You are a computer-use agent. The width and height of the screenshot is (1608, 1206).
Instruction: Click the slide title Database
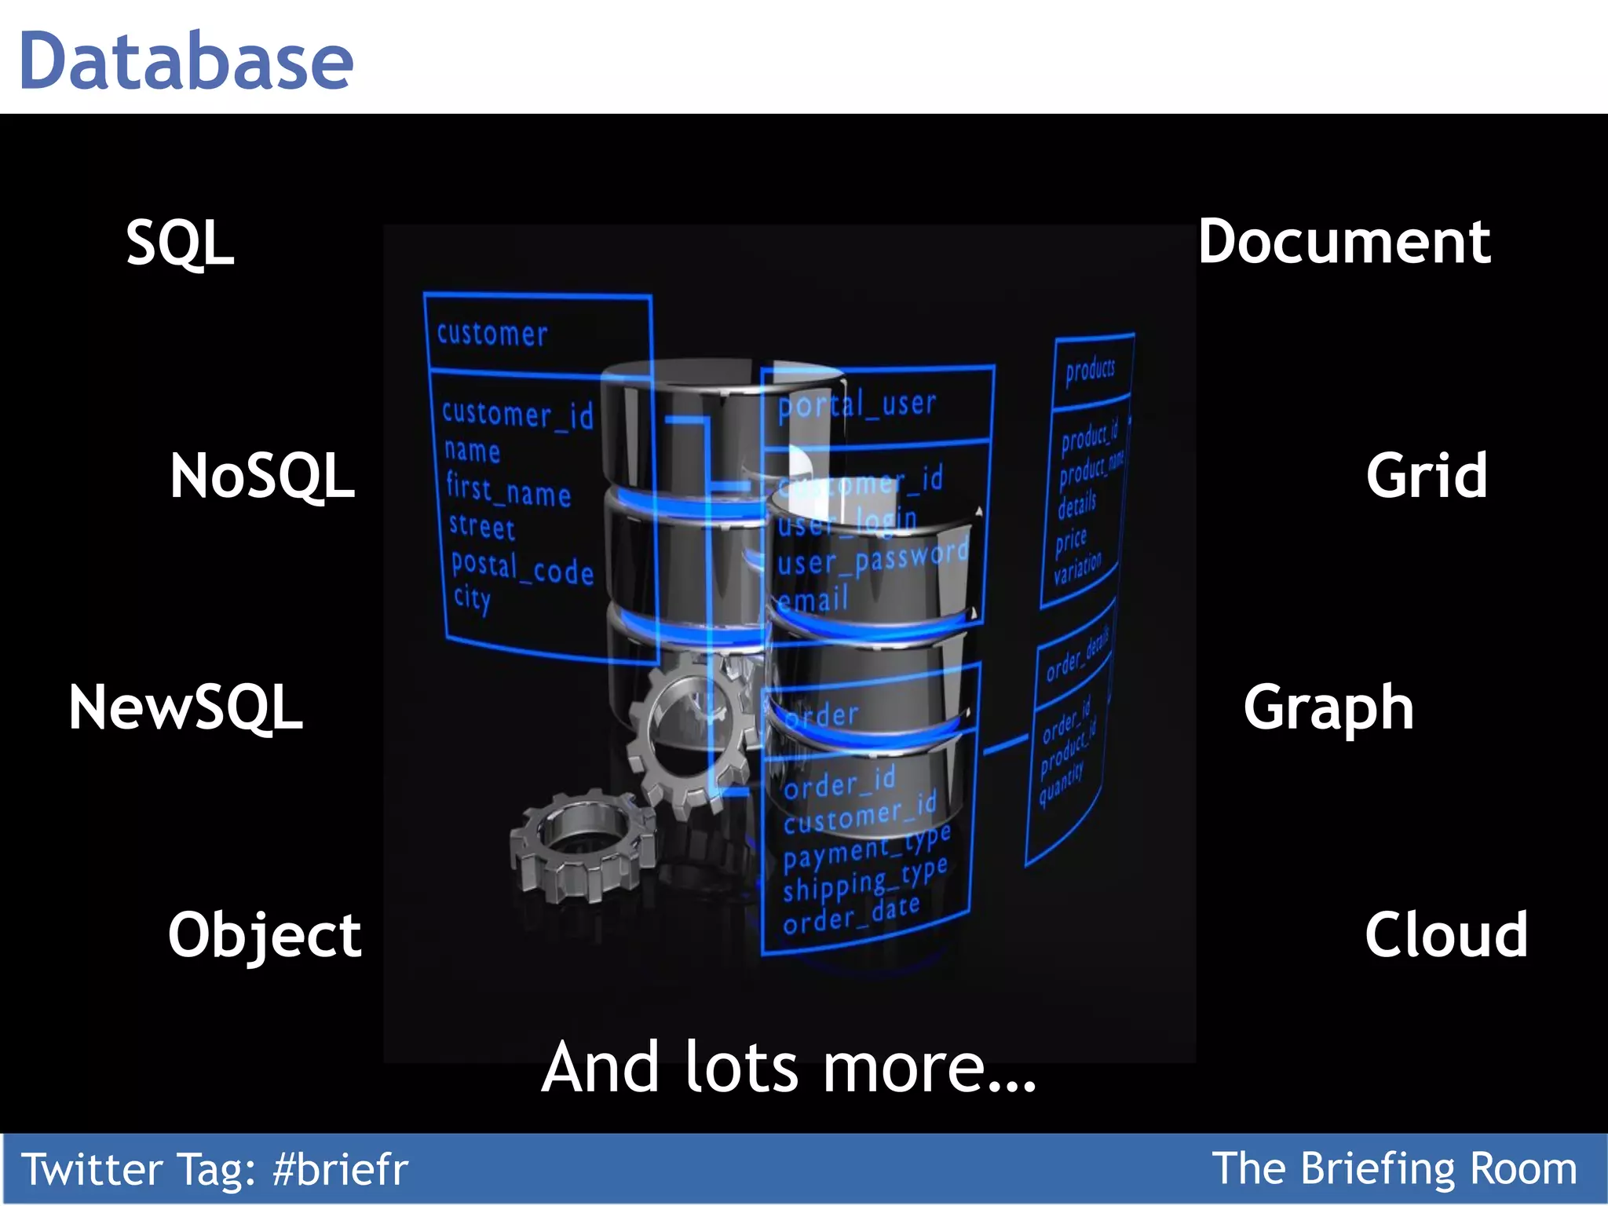(186, 61)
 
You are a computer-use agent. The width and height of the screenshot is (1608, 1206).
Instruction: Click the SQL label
(180, 243)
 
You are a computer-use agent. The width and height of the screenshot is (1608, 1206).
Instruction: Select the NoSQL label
(262, 476)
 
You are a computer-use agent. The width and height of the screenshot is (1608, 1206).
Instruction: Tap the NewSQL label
(185, 707)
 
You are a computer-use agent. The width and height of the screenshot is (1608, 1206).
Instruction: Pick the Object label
(265, 935)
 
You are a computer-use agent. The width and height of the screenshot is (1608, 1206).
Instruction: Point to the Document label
(1343, 242)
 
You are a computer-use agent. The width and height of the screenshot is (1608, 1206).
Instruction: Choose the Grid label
(1426, 476)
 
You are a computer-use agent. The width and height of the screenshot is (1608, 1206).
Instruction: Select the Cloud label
(1446, 935)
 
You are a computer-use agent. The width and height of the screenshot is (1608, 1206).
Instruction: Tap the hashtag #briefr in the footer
(340, 1169)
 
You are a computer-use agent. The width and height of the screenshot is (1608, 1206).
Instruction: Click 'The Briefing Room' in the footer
(1394, 1168)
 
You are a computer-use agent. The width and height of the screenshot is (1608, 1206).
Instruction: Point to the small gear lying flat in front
(583, 846)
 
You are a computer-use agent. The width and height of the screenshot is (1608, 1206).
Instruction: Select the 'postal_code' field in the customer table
(522, 568)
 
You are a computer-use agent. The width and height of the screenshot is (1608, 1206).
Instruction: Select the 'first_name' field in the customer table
(508, 491)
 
